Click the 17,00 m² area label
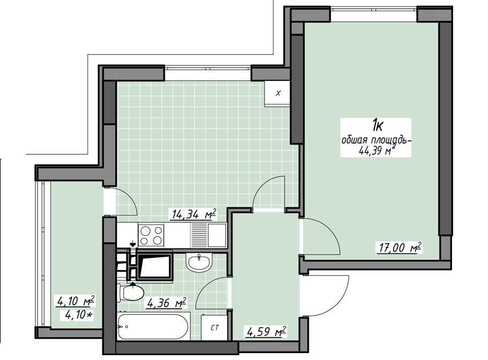400,248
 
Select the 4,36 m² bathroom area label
166,303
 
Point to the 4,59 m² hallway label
266,332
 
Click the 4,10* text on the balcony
79,315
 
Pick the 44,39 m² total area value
377,151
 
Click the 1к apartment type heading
378,126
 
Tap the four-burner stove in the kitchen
151,235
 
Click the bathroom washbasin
199,262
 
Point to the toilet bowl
130,292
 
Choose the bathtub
153,326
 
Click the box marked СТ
215,327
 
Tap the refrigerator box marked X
278,93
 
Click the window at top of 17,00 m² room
373,10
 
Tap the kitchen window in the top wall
208,69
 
